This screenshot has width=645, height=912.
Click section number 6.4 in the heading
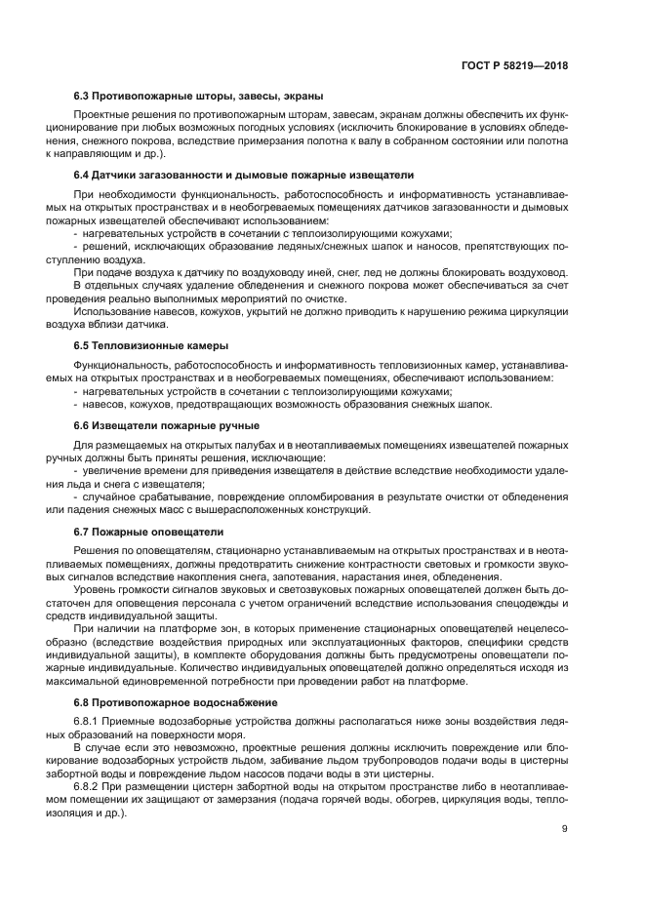pos(83,175)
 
